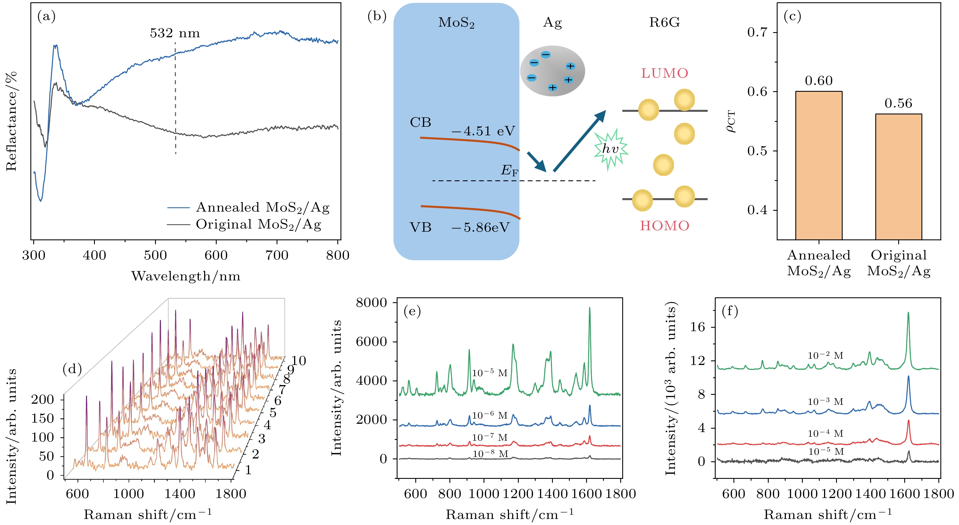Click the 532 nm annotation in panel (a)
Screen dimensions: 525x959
175,34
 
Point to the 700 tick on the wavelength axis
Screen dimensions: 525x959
277,255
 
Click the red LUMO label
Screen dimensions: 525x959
665,73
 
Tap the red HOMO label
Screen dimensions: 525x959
665,226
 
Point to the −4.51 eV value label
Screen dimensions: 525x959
483,131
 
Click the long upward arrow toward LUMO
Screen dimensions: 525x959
579,141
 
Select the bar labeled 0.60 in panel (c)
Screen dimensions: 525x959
819,165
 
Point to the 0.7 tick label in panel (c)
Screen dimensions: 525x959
758,32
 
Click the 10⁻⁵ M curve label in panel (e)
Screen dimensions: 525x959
490,373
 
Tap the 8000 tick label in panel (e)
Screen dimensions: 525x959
371,303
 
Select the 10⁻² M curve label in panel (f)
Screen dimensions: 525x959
825,356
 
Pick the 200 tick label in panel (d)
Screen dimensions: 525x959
42,399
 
